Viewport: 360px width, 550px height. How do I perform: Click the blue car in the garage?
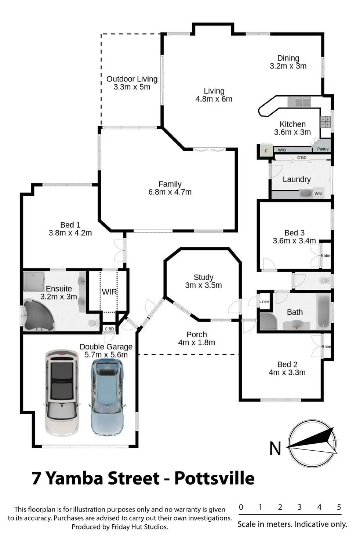[x=108, y=397]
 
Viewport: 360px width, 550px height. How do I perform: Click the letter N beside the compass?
[x=275, y=448]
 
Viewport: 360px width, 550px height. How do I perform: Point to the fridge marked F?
[x=266, y=150]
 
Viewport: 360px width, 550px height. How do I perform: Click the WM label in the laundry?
[x=318, y=194]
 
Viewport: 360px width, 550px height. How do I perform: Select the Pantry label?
[x=323, y=149]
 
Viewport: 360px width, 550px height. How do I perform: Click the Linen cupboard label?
[x=264, y=301]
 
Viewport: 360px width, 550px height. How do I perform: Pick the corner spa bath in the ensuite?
[x=39, y=315]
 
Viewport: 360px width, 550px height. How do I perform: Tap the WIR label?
[x=109, y=292]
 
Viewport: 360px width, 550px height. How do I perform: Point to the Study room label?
[x=203, y=277]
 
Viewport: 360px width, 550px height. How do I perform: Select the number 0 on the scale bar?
[x=241, y=507]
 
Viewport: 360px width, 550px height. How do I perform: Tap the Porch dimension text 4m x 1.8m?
[x=197, y=342]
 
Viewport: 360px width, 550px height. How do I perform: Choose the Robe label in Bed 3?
[x=326, y=256]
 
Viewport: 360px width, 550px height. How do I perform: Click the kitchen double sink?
[x=299, y=102]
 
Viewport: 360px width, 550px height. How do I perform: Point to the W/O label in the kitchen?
[x=282, y=150]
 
